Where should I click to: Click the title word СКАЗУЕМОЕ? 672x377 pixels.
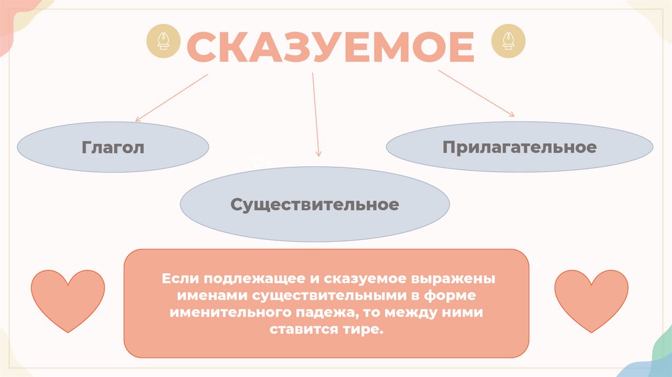(x=330, y=47)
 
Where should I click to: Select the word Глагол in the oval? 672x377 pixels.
(x=113, y=147)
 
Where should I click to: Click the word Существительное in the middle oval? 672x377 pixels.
(x=314, y=204)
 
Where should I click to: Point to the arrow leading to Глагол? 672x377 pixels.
(x=172, y=97)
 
